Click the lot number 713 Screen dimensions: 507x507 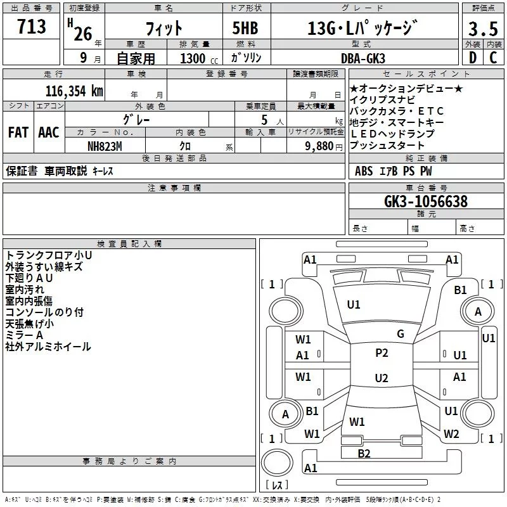pyautogui.click(x=32, y=27)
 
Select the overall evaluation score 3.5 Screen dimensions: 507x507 pyautogui.click(x=483, y=29)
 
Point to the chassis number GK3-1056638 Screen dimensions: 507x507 pyautogui.click(x=426, y=202)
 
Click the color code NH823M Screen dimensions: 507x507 pyautogui.click(x=105, y=146)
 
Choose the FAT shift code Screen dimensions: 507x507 pyautogui.click(x=18, y=132)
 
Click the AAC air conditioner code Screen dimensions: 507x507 pyautogui.click(x=49, y=132)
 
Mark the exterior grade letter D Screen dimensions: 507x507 pyautogui.click(x=472, y=58)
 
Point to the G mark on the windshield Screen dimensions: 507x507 pyautogui.click(x=401, y=334)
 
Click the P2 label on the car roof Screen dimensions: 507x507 pyautogui.click(x=382, y=353)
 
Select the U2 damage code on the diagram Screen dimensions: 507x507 pyautogui.click(x=382, y=378)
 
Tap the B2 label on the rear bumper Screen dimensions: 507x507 pyautogui.click(x=364, y=453)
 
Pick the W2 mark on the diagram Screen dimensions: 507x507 pyautogui.click(x=451, y=434)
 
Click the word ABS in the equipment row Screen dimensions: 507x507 pyautogui.click(x=364, y=170)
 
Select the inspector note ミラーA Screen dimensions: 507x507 pyautogui.click(x=24, y=335)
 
